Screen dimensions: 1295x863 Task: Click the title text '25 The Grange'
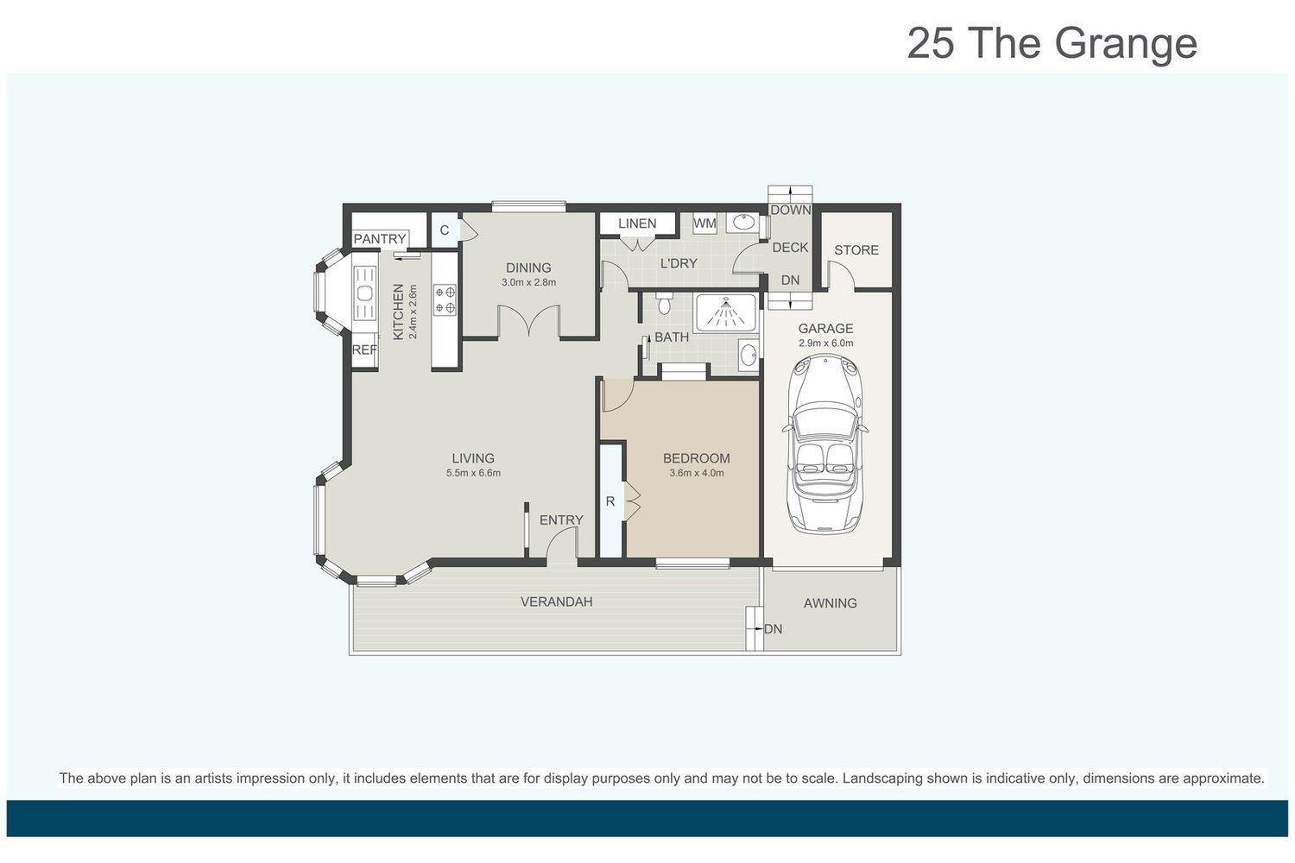pyautogui.click(x=1052, y=44)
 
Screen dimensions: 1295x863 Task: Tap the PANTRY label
pyautogui.click(x=380, y=239)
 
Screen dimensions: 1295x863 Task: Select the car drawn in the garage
pyautogui.click(x=825, y=444)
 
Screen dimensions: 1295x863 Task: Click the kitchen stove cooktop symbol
pyautogui.click(x=445, y=299)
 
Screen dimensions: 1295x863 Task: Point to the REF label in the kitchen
pyautogui.click(x=364, y=350)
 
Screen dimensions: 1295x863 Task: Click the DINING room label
pyautogui.click(x=528, y=268)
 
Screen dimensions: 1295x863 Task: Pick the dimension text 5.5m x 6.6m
pyautogui.click(x=473, y=473)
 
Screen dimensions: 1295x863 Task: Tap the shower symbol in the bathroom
pyautogui.click(x=725, y=312)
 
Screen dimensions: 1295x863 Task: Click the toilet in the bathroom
pyautogui.click(x=663, y=302)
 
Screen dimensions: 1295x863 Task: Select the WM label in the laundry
pyautogui.click(x=704, y=224)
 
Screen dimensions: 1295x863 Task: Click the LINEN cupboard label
pyautogui.click(x=637, y=224)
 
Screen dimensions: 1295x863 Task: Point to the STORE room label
pyautogui.click(x=856, y=249)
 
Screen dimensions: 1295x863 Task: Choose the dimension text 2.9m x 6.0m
pyautogui.click(x=825, y=343)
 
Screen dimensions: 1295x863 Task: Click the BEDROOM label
pyautogui.click(x=696, y=458)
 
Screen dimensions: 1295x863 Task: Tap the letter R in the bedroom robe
pyautogui.click(x=610, y=501)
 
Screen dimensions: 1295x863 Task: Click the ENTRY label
pyautogui.click(x=561, y=520)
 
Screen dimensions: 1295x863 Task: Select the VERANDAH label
pyautogui.click(x=556, y=602)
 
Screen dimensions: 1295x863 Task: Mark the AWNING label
pyautogui.click(x=830, y=603)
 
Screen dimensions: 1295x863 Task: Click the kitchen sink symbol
pyautogui.click(x=365, y=293)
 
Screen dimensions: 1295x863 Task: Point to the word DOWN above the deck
pyautogui.click(x=790, y=211)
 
